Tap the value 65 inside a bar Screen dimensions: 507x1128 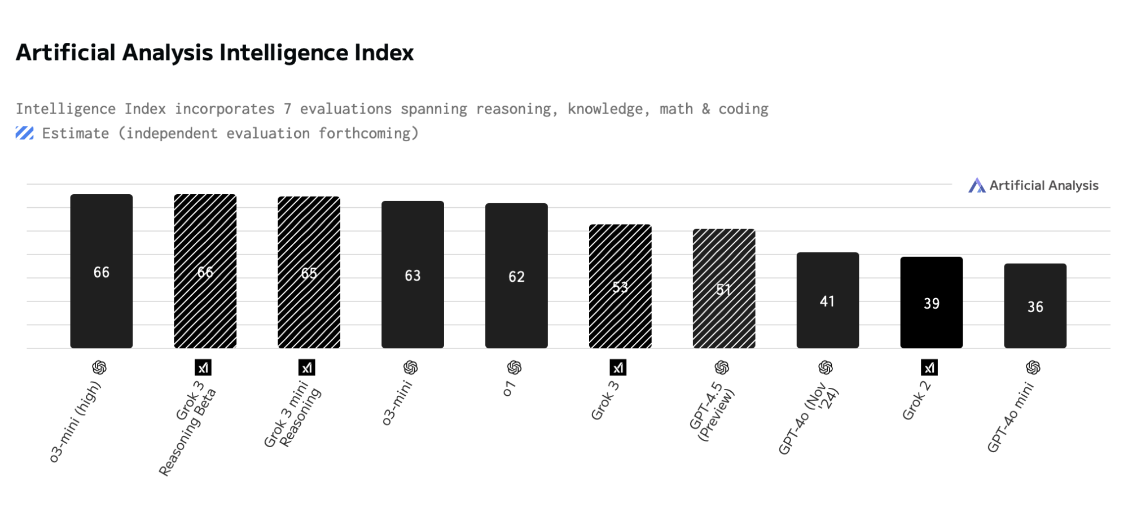tap(309, 273)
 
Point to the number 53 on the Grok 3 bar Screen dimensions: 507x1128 tap(620, 287)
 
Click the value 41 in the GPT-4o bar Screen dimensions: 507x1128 tap(827, 301)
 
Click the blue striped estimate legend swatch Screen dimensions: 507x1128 tap(24, 133)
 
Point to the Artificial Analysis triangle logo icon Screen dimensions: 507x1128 tap(976, 185)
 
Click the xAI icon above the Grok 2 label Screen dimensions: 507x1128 tap(929, 368)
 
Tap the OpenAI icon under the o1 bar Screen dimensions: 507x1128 tap(514, 368)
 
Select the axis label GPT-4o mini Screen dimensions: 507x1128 tap(1011, 418)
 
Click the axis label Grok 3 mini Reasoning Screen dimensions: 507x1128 tap(293, 416)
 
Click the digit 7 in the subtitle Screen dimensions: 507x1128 tap(287, 109)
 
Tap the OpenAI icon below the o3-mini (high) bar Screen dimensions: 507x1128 tap(99, 368)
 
